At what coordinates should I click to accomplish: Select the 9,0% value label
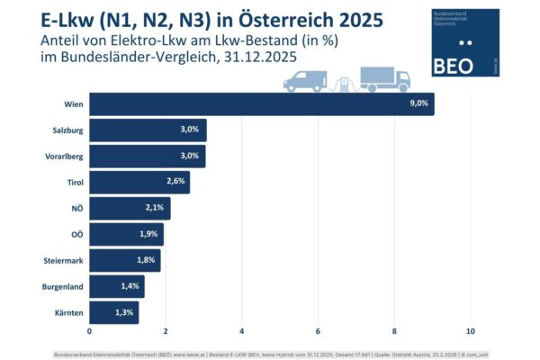click(x=419, y=104)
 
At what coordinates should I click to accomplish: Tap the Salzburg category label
click(x=68, y=130)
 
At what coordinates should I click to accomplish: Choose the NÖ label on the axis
click(x=77, y=209)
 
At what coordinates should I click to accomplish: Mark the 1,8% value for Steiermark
click(x=148, y=261)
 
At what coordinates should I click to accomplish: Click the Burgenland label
click(x=64, y=287)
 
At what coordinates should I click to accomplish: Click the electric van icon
click(x=305, y=82)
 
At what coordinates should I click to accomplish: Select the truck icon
click(x=385, y=78)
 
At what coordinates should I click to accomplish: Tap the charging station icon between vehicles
click(x=344, y=82)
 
